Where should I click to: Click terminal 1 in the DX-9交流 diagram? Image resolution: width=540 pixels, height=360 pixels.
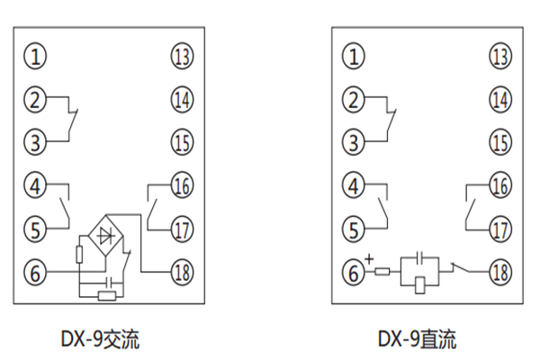35,58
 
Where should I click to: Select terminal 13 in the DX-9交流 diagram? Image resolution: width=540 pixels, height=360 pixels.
182,58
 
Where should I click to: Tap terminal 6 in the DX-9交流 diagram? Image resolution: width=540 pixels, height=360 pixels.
35,270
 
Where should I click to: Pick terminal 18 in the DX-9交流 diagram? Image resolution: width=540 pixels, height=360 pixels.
182,270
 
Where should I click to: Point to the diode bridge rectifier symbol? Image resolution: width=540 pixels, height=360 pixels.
109,237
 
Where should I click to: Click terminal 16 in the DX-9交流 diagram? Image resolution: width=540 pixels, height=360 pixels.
182,186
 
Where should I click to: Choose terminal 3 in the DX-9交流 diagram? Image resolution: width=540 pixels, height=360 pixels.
35,141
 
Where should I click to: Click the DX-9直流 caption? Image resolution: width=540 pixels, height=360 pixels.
416,339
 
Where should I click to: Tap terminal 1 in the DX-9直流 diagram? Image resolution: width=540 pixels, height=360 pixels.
355,58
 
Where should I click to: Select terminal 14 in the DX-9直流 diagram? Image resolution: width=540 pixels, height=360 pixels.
500,100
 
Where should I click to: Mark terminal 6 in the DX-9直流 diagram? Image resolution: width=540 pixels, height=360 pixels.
355,270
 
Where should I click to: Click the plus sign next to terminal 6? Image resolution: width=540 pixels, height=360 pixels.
369,260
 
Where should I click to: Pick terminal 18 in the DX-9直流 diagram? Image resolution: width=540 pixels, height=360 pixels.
500,270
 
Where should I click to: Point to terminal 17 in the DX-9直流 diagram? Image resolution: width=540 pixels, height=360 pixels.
500,228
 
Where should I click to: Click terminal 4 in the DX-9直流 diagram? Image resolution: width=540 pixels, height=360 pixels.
355,186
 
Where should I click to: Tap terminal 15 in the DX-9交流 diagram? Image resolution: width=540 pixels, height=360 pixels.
182,141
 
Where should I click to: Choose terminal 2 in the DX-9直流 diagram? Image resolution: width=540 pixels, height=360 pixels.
355,100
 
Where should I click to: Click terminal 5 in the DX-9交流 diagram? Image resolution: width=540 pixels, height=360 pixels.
35,228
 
